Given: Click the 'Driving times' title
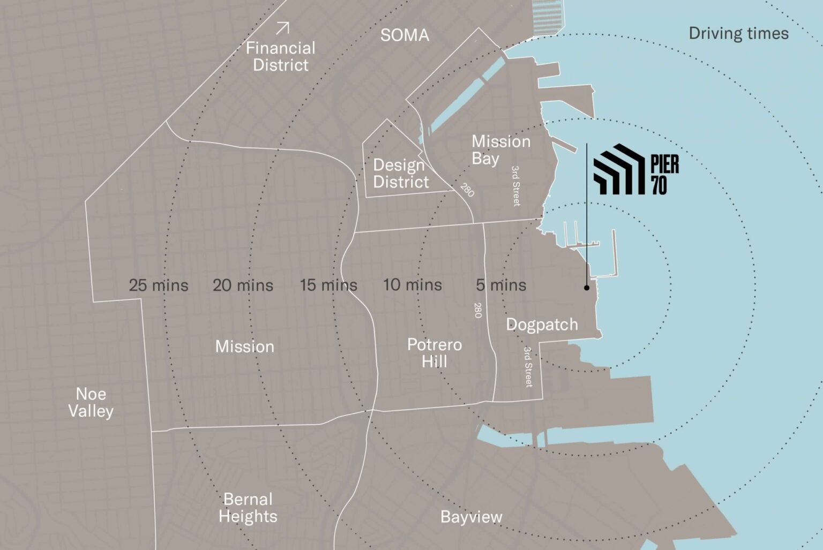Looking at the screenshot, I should click(738, 34).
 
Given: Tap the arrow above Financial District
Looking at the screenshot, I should click(282, 28).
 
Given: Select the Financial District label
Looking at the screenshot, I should click(280, 57).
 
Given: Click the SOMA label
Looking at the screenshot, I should click(405, 35).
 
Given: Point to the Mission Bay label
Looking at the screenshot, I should click(500, 150).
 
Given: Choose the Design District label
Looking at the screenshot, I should click(401, 174).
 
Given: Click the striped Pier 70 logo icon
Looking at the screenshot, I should click(618, 169).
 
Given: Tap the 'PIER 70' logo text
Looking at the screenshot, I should click(664, 175).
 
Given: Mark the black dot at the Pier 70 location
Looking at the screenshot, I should click(587, 288).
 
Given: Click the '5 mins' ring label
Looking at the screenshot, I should click(501, 285).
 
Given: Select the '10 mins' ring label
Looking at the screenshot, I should click(412, 285).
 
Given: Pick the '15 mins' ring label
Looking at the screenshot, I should click(328, 285).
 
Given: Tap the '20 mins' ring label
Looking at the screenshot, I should click(243, 285).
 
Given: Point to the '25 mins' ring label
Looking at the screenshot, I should click(159, 285).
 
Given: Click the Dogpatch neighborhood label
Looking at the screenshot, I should click(542, 325).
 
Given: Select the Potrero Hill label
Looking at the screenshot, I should click(434, 353).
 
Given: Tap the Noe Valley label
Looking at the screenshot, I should click(91, 403).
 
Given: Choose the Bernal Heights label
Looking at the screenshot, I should click(248, 508).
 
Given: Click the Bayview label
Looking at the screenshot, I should click(471, 517).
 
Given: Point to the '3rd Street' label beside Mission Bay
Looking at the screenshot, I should click(515, 186).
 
